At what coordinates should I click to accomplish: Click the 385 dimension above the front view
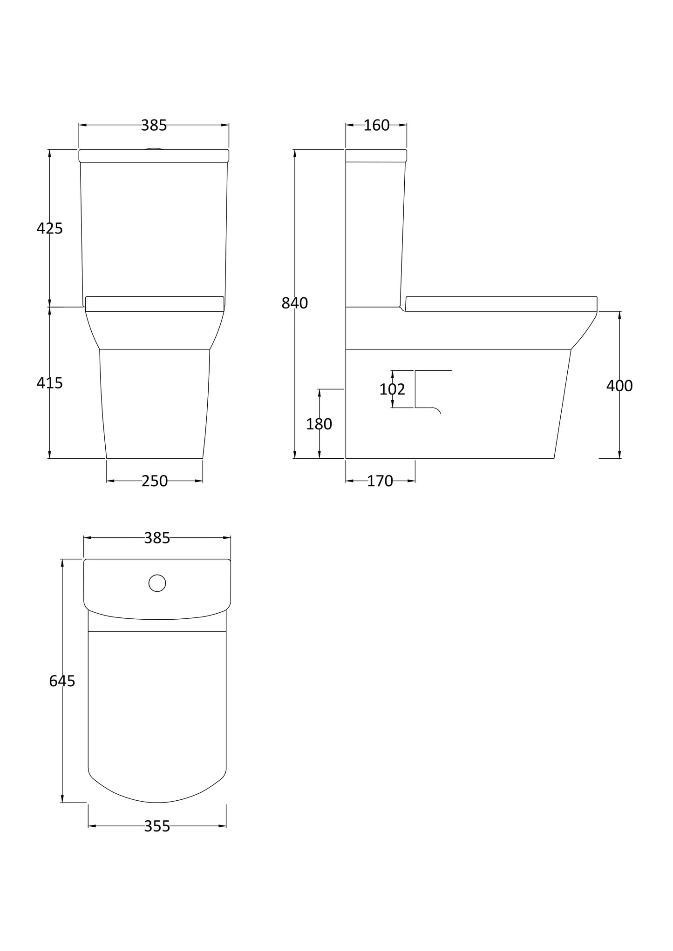pyautogui.click(x=154, y=125)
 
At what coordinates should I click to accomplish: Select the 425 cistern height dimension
pyautogui.click(x=50, y=228)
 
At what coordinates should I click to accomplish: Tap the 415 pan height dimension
pyautogui.click(x=50, y=383)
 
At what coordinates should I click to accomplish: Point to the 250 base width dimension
pyautogui.click(x=155, y=481)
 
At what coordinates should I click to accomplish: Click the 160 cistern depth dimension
pyautogui.click(x=376, y=125)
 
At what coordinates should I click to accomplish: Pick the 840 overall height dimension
pyautogui.click(x=295, y=303)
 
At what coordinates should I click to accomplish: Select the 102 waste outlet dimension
pyautogui.click(x=392, y=389)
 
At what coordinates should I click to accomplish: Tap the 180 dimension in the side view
pyautogui.click(x=319, y=424)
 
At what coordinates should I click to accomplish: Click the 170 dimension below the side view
pyautogui.click(x=380, y=481)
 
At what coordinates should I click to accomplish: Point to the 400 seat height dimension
pyautogui.click(x=619, y=386)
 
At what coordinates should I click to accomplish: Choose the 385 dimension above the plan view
pyautogui.click(x=157, y=538)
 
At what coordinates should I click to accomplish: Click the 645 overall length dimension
pyautogui.click(x=62, y=681)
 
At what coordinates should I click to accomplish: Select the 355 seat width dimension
pyautogui.click(x=157, y=826)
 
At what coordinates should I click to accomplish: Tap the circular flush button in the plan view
pyautogui.click(x=157, y=583)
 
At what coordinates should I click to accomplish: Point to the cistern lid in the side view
pyautogui.click(x=376, y=155)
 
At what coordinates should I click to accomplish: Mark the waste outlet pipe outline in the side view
pyautogui.click(x=428, y=389)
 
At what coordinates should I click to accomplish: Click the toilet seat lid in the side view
pyautogui.click(x=501, y=303)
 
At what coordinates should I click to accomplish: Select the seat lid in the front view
pyautogui.click(x=155, y=303)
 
